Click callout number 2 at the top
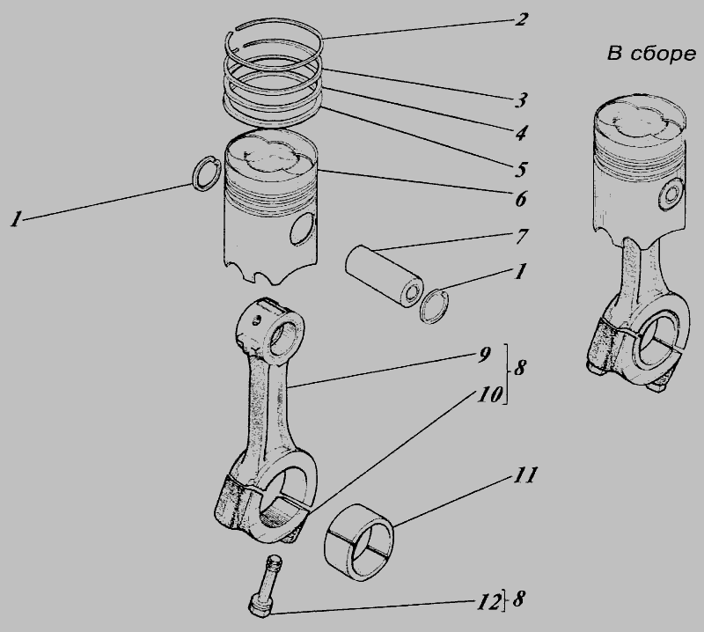[520, 19]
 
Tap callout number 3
[521, 99]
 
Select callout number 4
[520, 133]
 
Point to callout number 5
[520, 169]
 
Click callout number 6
[520, 199]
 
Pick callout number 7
[521, 236]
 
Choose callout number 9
[484, 355]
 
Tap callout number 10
[489, 395]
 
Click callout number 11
[524, 475]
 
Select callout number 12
[488, 602]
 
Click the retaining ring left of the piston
[206, 173]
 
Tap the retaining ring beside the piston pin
[435, 306]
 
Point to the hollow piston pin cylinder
[385, 276]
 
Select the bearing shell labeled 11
[358, 542]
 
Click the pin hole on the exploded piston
[303, 228]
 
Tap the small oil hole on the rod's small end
[256, 320]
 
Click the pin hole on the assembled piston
[672, 194]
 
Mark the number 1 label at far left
[17, 219]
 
